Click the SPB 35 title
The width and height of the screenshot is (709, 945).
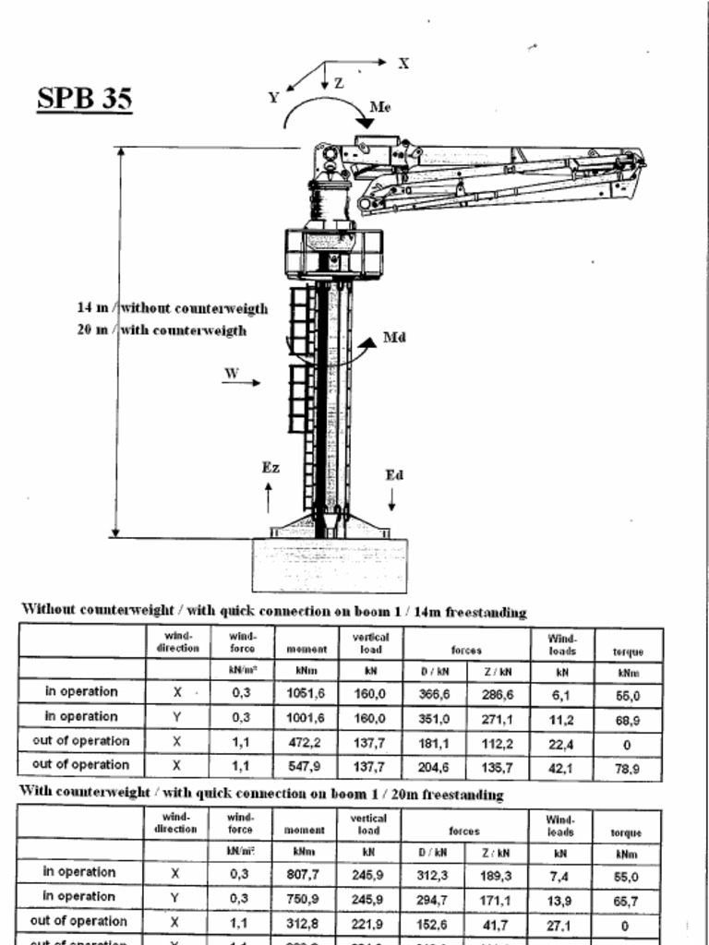[x=84, y=98]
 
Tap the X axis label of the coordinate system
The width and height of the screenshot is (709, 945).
[x=403, y=64]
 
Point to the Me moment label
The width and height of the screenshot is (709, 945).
[x=379, y=107]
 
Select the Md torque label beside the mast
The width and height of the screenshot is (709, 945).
[x=394, y=338]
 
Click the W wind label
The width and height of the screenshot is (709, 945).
[x=232, y=374]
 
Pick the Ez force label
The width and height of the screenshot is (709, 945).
[x=270, y=468]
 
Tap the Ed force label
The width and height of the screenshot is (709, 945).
[x=394, y=475]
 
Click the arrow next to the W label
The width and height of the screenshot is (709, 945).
[x=242, y=383]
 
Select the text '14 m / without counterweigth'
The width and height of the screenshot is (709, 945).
[x=173, y=308]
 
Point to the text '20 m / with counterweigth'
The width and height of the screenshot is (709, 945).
[x=162, y=330]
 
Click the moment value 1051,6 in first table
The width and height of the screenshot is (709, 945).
[x=305, y=692]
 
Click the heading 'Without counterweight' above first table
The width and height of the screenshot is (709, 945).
[x=273, y=611]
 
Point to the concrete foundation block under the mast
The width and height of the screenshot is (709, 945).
[x=330, y=564]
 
